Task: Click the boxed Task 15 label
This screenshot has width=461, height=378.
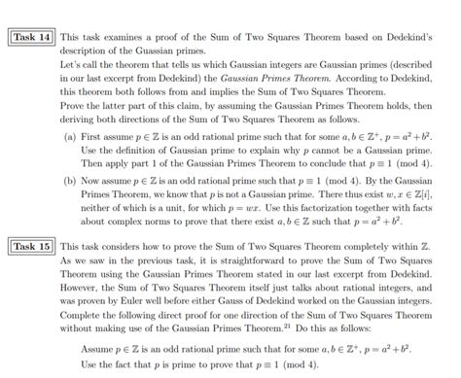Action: click(31, 247)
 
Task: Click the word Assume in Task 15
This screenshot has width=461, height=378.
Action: click(99, 347)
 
